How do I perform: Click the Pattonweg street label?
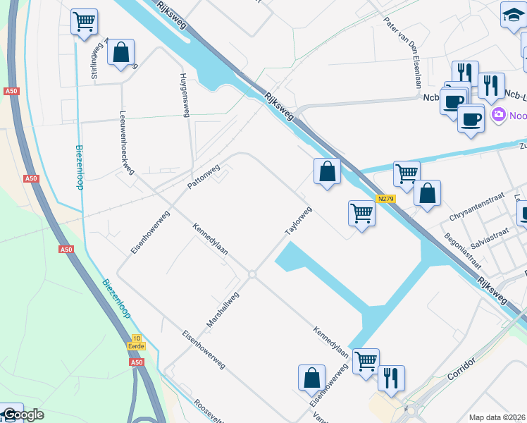204,176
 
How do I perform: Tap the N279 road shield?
385,199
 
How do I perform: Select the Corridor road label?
462,369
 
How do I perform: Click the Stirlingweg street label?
94,60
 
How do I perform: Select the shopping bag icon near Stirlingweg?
120,52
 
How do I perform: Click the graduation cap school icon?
512,15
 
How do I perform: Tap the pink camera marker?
499,114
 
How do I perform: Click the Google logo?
23,415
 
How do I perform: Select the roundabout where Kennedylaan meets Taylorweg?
252,274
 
